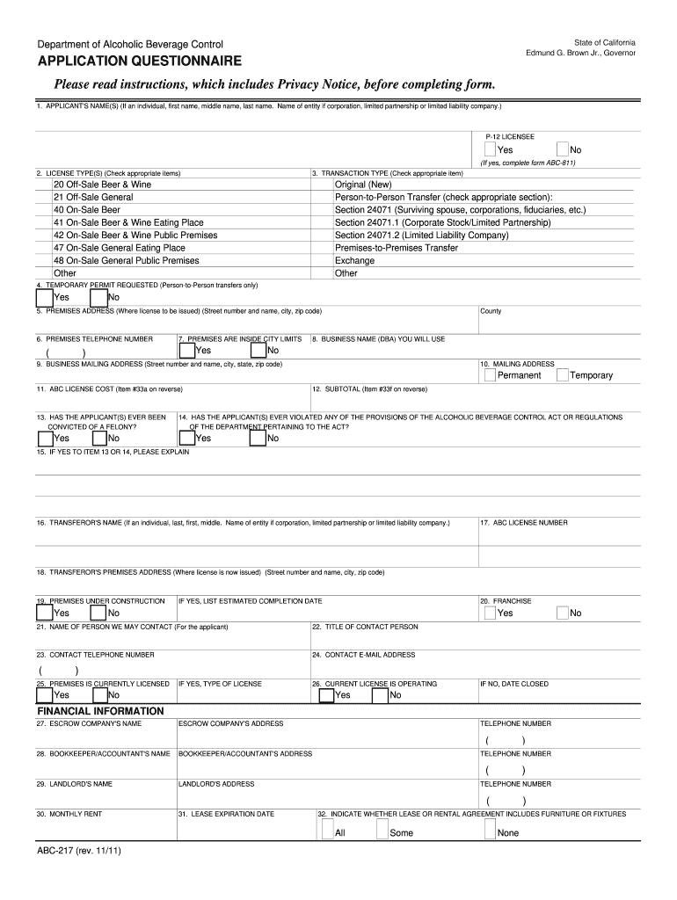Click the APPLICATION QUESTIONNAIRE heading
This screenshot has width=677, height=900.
coord(139,62)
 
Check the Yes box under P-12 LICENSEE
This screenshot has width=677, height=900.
coord(490,149)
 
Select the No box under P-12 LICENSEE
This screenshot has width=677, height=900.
coord(563,149)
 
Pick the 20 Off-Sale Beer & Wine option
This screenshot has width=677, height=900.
coord(102,185)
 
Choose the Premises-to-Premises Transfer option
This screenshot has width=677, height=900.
coord(396,248)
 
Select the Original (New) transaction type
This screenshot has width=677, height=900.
coord(363,185)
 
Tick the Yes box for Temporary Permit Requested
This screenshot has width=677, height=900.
coord(45,296)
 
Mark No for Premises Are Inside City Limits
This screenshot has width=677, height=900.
coord(258,350)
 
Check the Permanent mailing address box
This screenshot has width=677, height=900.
coord(490,375)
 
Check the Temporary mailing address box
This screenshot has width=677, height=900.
coord(563,375)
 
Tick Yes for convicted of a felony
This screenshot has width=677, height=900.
coord(45,438)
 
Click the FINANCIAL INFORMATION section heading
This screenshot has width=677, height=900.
coord(99,710)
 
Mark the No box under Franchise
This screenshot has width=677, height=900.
coord(563,613)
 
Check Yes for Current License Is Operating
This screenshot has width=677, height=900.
coord(326,695)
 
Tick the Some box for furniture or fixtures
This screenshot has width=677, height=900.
coord(382,831)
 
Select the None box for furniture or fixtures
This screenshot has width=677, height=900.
coord(490,831)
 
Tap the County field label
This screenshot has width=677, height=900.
coord(491,311)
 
